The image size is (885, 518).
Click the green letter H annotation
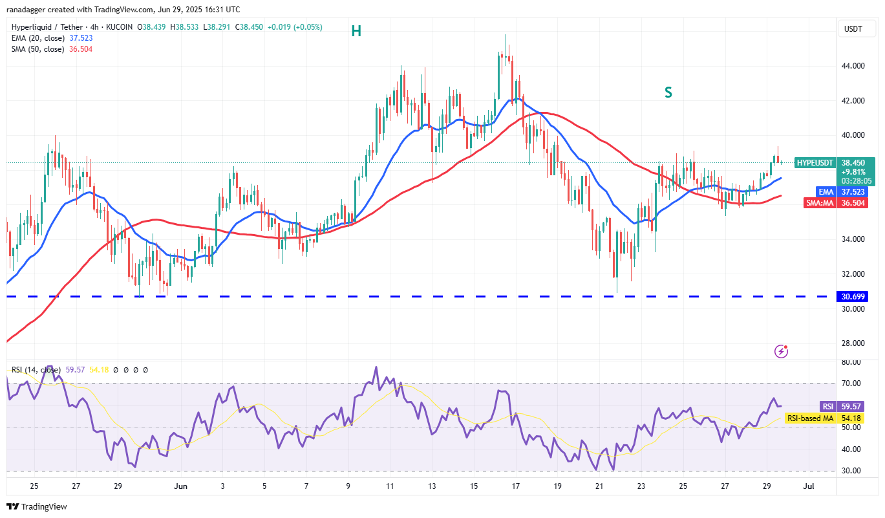356,30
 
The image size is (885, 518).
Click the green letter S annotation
668,93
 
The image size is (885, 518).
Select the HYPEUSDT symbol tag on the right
815,163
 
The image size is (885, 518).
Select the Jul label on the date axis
808,486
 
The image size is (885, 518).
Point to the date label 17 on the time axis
515,486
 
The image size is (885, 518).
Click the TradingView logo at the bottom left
37,506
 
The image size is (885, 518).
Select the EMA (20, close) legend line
52,38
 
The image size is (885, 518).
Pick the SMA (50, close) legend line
52,49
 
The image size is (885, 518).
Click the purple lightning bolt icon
781,352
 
